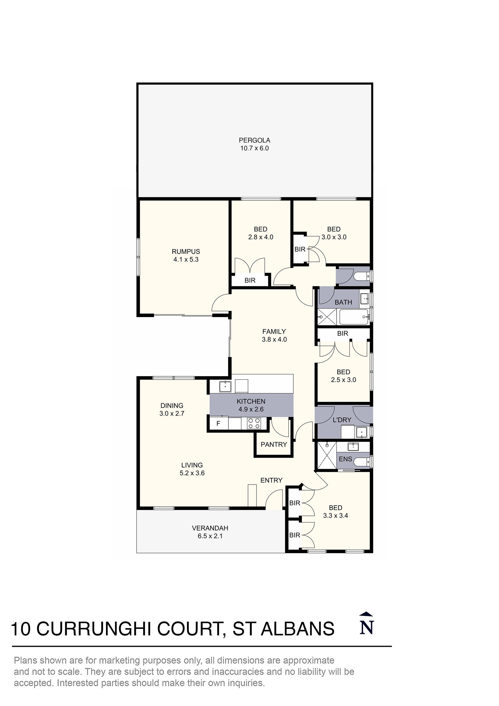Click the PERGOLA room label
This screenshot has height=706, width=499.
[254, 140]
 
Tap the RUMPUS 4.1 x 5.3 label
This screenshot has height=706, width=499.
[186, 255]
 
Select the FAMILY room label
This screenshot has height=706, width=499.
[274, 331]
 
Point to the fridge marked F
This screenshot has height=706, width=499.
[218, 424]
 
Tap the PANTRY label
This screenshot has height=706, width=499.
[274, 444]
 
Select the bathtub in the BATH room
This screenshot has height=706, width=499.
[354, 317]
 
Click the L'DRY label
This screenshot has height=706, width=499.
[342, 420]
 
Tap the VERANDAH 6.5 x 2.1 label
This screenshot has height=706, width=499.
[210, 532]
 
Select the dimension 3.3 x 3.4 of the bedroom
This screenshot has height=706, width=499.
[335, 516]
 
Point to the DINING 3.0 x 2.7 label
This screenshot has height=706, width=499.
[172, 409]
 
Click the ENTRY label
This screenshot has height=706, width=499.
[271, 480]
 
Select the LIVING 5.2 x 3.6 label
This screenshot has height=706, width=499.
[192, 469]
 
